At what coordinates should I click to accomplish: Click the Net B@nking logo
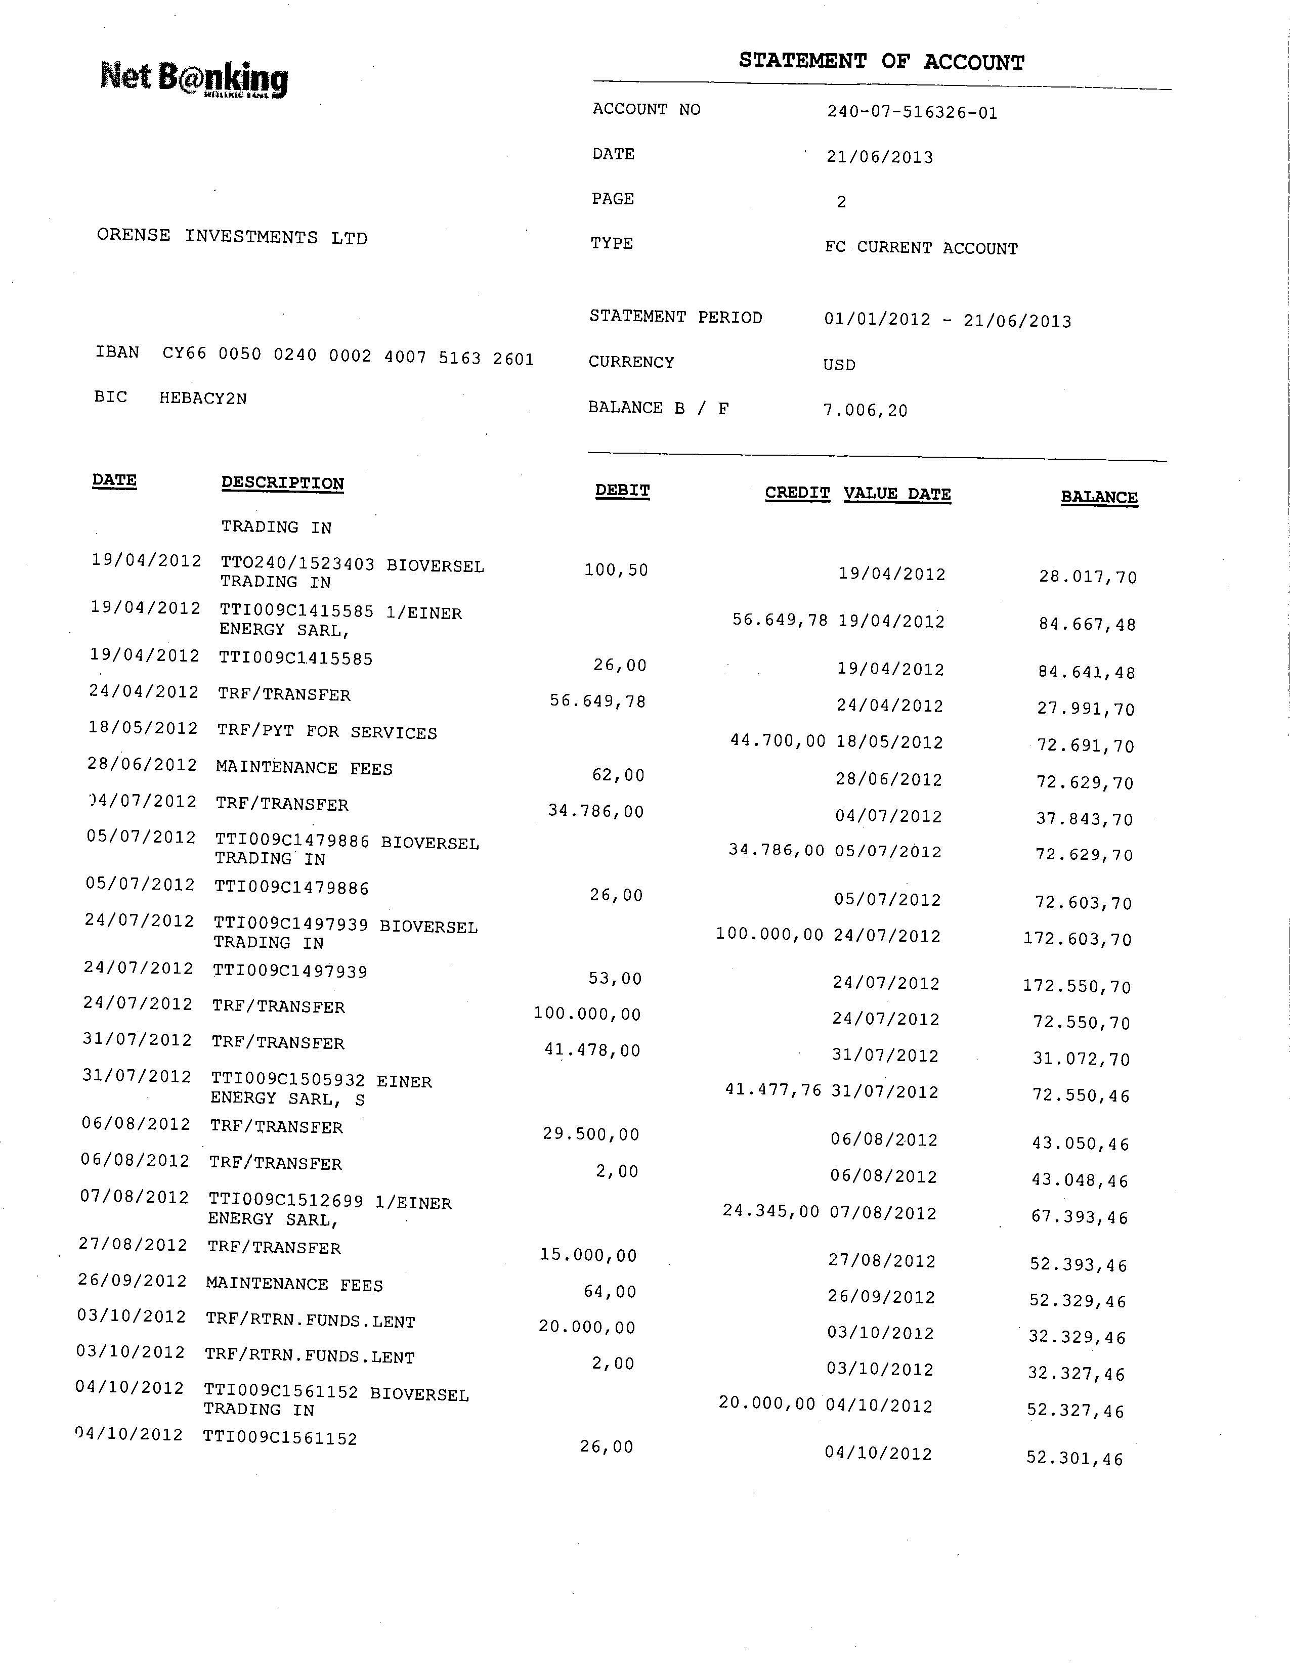(x=194, y=79)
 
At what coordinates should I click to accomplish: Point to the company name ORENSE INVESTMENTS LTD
(x=232, y=237)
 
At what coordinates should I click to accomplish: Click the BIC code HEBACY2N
(x=202, y=398)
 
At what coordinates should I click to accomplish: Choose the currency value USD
(x=839, y=365)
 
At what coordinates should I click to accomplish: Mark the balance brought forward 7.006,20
(x=865, y=410)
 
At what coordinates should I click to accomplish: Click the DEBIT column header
(x=622, y=491)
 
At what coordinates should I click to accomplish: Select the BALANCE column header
(x=1098, y=498)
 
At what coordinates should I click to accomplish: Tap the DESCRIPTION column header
(x=282, y=484)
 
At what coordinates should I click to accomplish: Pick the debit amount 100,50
(x=616, y=570)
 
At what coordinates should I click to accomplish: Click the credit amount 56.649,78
(x=780, y=620)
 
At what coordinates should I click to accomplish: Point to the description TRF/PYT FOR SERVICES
(x=326, y=732)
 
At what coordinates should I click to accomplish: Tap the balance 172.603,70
(x=1077, y=939)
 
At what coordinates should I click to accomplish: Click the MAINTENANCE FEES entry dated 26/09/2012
(x=294, y=1285)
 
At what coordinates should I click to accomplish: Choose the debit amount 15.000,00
(x=588, y=1255)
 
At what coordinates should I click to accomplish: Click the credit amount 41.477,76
(x=772, y=1090)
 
